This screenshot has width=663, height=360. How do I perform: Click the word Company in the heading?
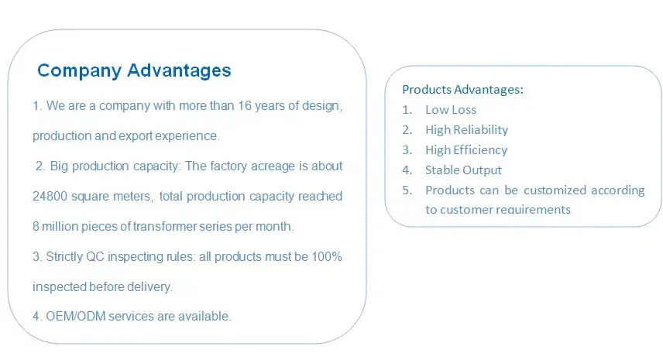pyautogui.click(x=80, y=70)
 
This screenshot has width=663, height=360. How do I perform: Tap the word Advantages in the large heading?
pyautogui.click(x=179, y=70)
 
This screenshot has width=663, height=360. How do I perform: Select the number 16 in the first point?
pyautogui.click(x=245, y=105)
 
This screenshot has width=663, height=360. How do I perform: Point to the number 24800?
pyautogui.click(x=50, y=196)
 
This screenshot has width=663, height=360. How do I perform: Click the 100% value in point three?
pyautogui.click(x=327, y=256)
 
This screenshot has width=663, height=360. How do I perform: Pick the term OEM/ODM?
pyautogui.click(x=76, y=316)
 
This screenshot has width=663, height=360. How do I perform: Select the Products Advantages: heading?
pyautogui.click(x=462, y=90)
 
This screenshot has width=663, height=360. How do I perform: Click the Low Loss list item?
pyautogui.click(x=451, y=110)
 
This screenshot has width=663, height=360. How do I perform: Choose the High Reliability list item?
pyautogui.click(x=467, y=130)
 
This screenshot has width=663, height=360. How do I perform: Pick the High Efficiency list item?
pyautogui.click(x=466, y=150)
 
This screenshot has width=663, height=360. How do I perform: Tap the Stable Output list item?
pyautogui.click(x=463, y=170)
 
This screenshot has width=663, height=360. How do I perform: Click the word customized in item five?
pyautogui.click(x=555, y=190)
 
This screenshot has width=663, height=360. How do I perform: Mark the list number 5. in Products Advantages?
pyautogui.click(x=407, y=190)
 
